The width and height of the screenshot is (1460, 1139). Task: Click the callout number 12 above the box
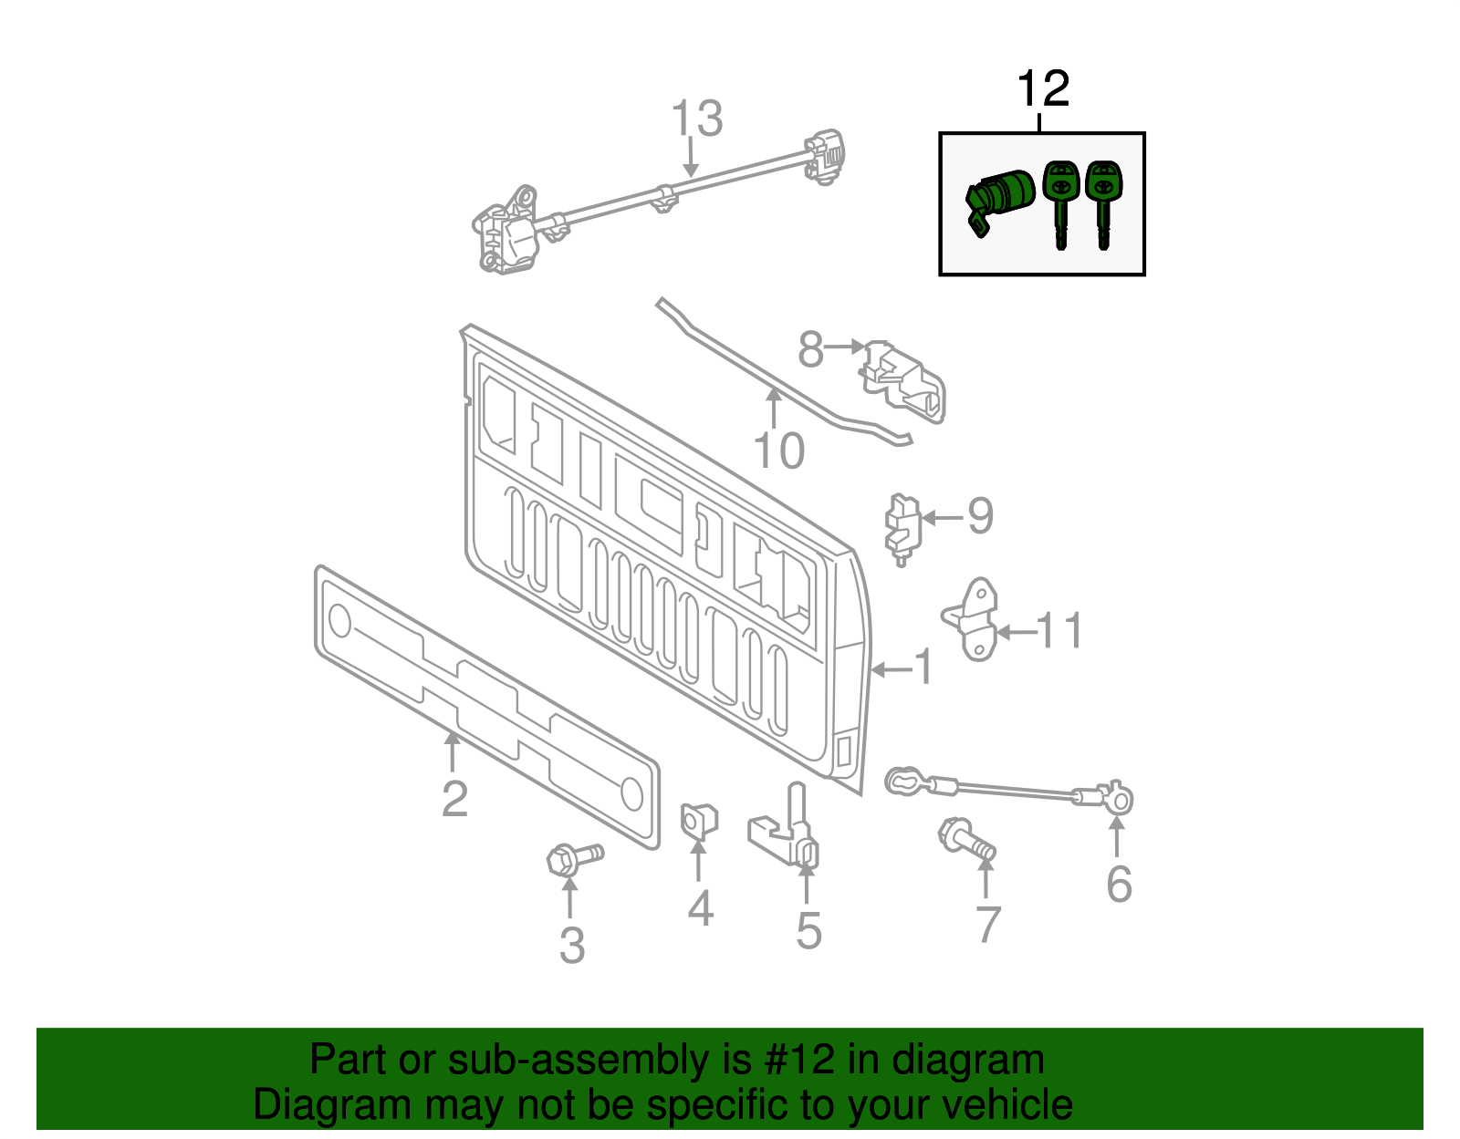pos(1042,89)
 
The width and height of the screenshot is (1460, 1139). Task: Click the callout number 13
pos(697,119)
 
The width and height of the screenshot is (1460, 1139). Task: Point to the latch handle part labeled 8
pos(903,380)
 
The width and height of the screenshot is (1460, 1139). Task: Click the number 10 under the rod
pos(779,450)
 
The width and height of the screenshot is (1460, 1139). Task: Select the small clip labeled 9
pos(902,529)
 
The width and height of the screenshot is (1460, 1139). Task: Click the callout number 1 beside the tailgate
pos(923,668)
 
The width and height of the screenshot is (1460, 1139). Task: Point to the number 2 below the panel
pos(454,799)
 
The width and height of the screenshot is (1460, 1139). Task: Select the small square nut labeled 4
pos(699,820)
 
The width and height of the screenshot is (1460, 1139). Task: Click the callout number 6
pos(1119,884)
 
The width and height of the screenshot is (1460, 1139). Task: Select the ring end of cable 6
pos(1119,801)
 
